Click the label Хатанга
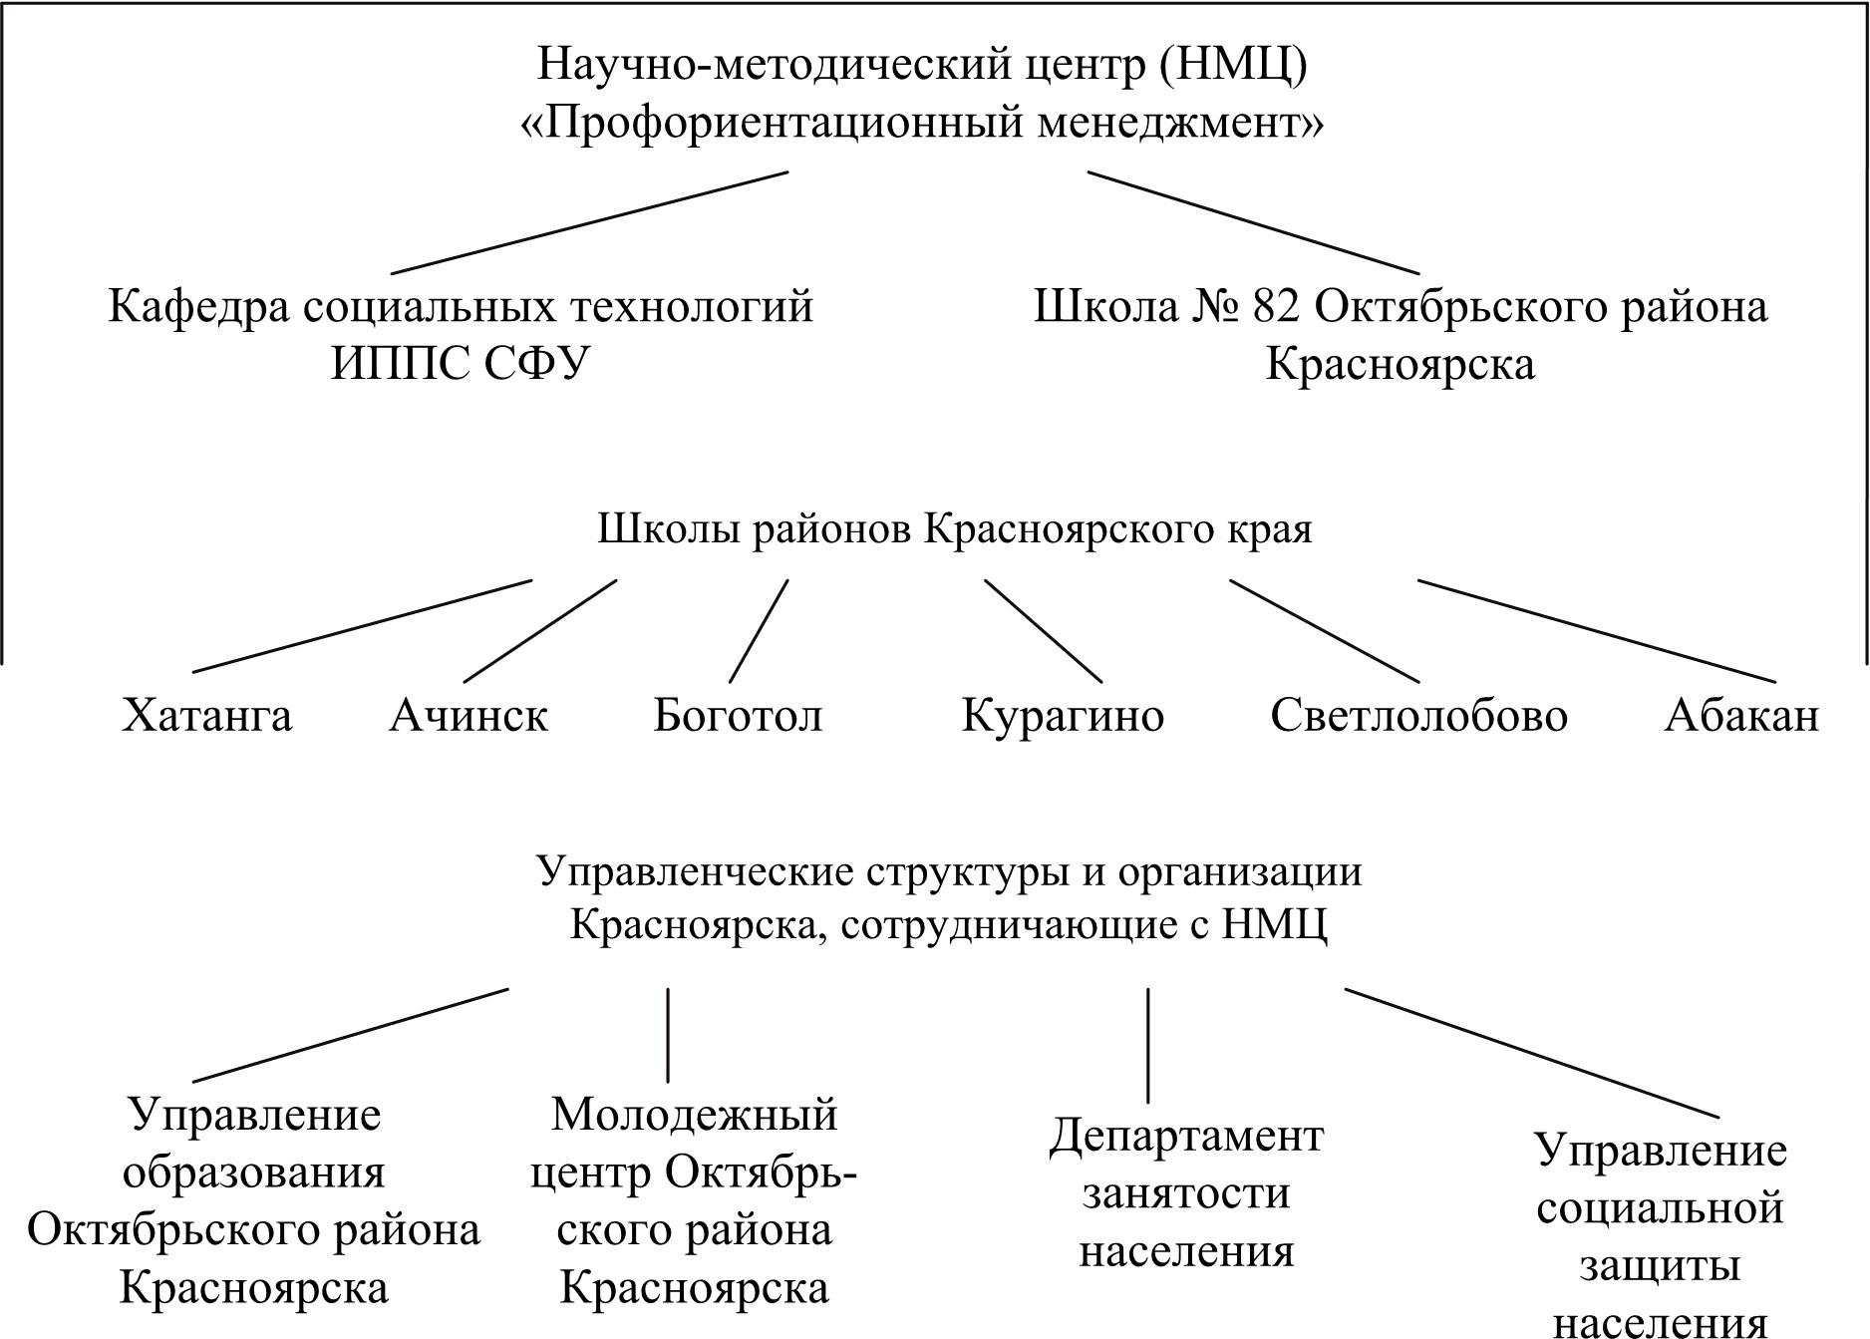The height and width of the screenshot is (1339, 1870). (207, 716)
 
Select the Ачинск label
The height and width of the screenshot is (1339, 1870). (468, 716)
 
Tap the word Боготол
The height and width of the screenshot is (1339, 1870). (738, 716)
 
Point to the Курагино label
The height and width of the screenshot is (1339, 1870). (1063, 716)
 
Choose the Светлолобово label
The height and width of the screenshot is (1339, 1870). (1418, 716)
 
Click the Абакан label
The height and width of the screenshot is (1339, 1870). (1741, 716)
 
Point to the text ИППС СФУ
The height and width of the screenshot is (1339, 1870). (461, 365)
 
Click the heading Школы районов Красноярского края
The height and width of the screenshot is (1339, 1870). (954, 528)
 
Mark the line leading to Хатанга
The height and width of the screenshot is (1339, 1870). (362, 626)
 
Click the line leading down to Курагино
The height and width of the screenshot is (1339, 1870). (1044, 631)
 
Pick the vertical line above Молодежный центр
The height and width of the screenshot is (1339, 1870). (667, 1035)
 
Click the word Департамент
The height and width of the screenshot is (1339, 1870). (1186, 1136)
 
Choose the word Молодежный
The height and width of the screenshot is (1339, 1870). (694, 1114)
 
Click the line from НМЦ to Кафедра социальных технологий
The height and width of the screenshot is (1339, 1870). (589, 222)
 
